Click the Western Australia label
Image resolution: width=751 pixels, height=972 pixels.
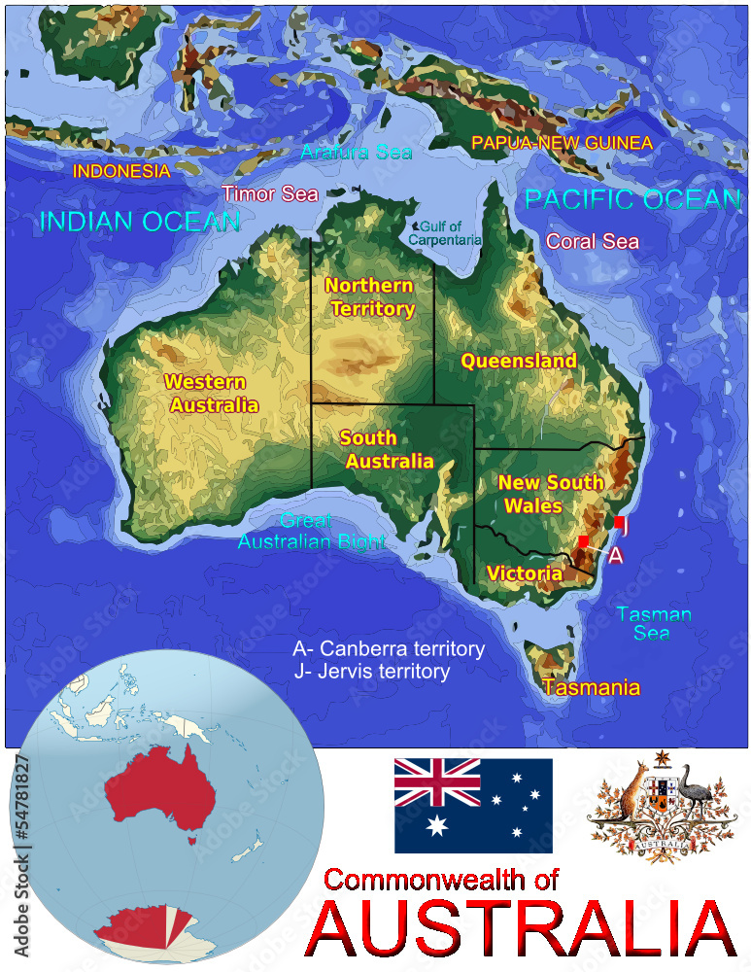pyautogui.click(x=212, y=394)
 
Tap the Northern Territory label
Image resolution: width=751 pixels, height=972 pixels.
pyautogui.click(x=370, y=297)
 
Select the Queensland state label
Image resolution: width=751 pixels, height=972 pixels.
pyautogui.click(x=519, y=361)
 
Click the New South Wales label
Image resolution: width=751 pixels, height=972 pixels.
pyautogui.click(x=550, y=494)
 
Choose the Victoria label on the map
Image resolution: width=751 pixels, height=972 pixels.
pyautogui.click(x=525, y=573)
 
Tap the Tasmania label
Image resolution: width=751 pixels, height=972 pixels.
pyautogui.click(x=592, y=687)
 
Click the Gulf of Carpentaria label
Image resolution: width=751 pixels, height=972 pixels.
pyautogui.click(x=444, y=233)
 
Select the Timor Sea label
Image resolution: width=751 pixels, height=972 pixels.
pyautogui.click(x=270, y=192)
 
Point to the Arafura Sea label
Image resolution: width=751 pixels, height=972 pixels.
pyautogui.click(x=357, y=153)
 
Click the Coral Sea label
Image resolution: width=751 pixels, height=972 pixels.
pyautogui.click(x=593, y=241)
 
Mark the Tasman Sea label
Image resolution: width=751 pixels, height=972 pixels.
pyautogui.click(x=654, y=623)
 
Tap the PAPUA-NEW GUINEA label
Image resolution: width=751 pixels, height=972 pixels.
pyautogui.click(x=562, y=143)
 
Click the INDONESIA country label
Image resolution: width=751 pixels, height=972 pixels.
pyautogui.click(x=121, y=171)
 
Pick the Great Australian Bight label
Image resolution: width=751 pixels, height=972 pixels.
pyautogui.click(x=311, y=532)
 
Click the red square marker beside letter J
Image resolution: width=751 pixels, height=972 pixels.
pyautogui.click(x=619, y=522)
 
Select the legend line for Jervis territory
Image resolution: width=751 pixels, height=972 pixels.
pyautogui.click(x=372, y=672)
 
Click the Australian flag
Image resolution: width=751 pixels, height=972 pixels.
pyautogui.click(x=473, y=805)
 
